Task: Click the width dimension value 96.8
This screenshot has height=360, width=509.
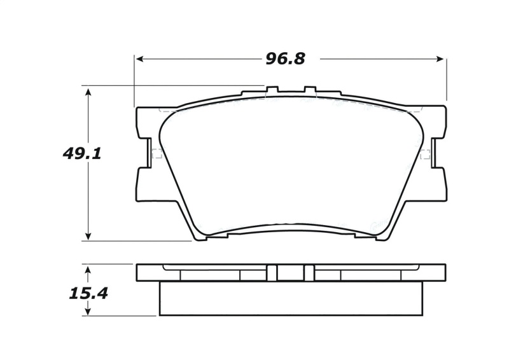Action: pos(285,59)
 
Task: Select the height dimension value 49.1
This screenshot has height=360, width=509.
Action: pos(83,153)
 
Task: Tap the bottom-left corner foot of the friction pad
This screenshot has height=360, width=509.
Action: pos(198,238)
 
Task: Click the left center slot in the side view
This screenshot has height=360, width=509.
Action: pos(272,272)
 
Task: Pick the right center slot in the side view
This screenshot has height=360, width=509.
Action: pos(309,272)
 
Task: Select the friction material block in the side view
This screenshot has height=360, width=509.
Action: pos(291,298)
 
